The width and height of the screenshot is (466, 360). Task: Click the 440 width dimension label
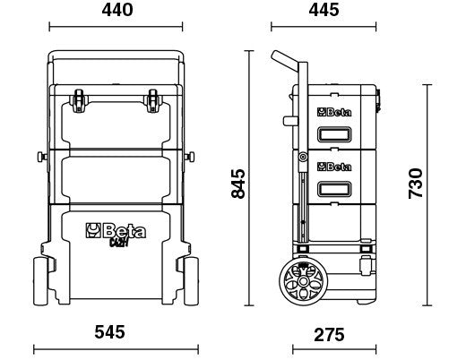point(117,12)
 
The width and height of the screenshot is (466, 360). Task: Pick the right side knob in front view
point(189,159)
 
